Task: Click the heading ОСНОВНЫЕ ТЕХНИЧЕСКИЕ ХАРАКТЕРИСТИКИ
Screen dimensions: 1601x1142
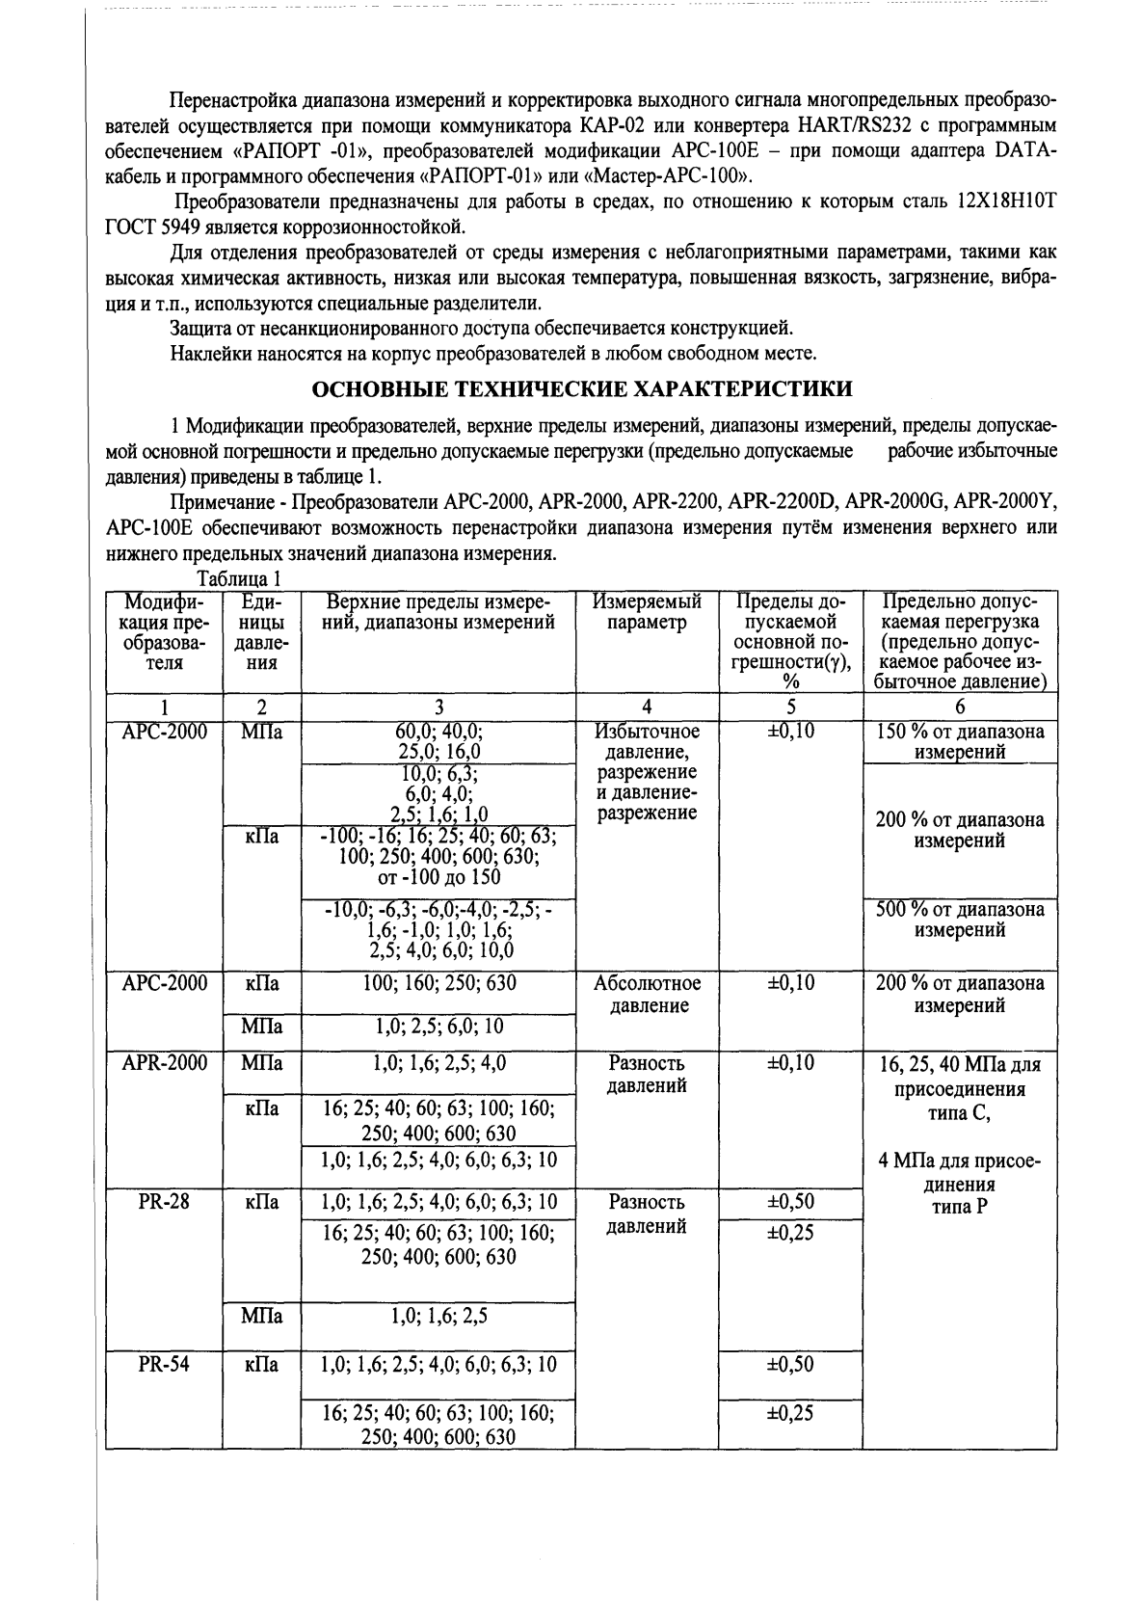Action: pos(583,389)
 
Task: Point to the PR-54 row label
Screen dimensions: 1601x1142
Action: pos(164,1364)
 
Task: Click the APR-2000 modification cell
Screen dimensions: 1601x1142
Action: pos(164,1063)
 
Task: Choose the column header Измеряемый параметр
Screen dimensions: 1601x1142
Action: pos(647,612)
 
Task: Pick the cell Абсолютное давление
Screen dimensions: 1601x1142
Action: pos(647,995)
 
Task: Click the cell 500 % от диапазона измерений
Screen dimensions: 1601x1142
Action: pos(960,920)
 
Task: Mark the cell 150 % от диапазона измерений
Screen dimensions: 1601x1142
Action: pos(960,742)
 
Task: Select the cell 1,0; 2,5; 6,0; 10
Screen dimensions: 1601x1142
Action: pos(438,1027)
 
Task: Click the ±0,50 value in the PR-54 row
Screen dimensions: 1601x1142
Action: pos(790,1364)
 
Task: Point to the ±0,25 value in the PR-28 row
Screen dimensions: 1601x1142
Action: pos(790,1233)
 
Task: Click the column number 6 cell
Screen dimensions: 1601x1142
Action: pos(960,706)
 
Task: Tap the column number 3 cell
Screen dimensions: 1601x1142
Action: pos(438,706)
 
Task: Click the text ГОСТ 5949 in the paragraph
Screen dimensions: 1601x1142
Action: pos(146,228)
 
